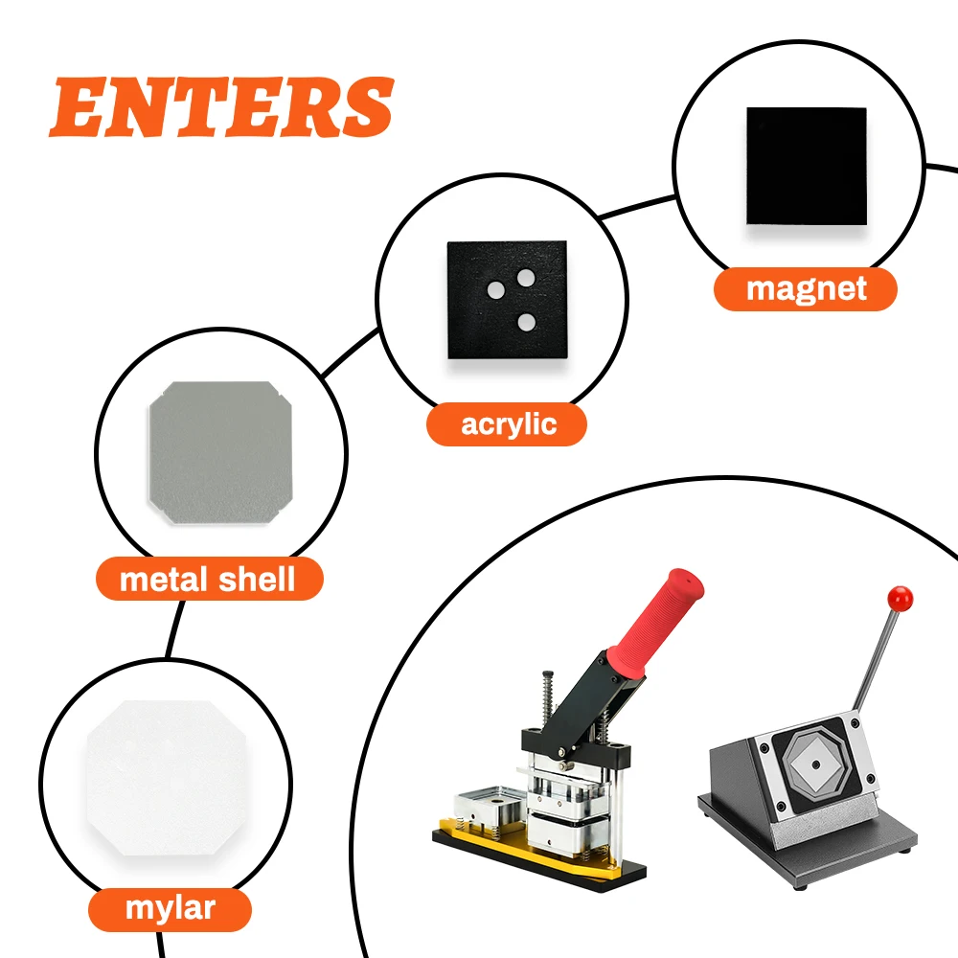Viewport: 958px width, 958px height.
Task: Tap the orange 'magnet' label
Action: (805, 289)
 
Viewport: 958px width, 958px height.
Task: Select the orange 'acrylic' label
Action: (507, 424)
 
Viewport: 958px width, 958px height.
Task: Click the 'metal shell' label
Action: (208, 580)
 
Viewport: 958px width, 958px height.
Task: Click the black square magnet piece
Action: (807, 166)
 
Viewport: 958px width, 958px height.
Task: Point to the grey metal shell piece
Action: (220, 453)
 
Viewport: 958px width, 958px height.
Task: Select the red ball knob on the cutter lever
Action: (900, 599)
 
